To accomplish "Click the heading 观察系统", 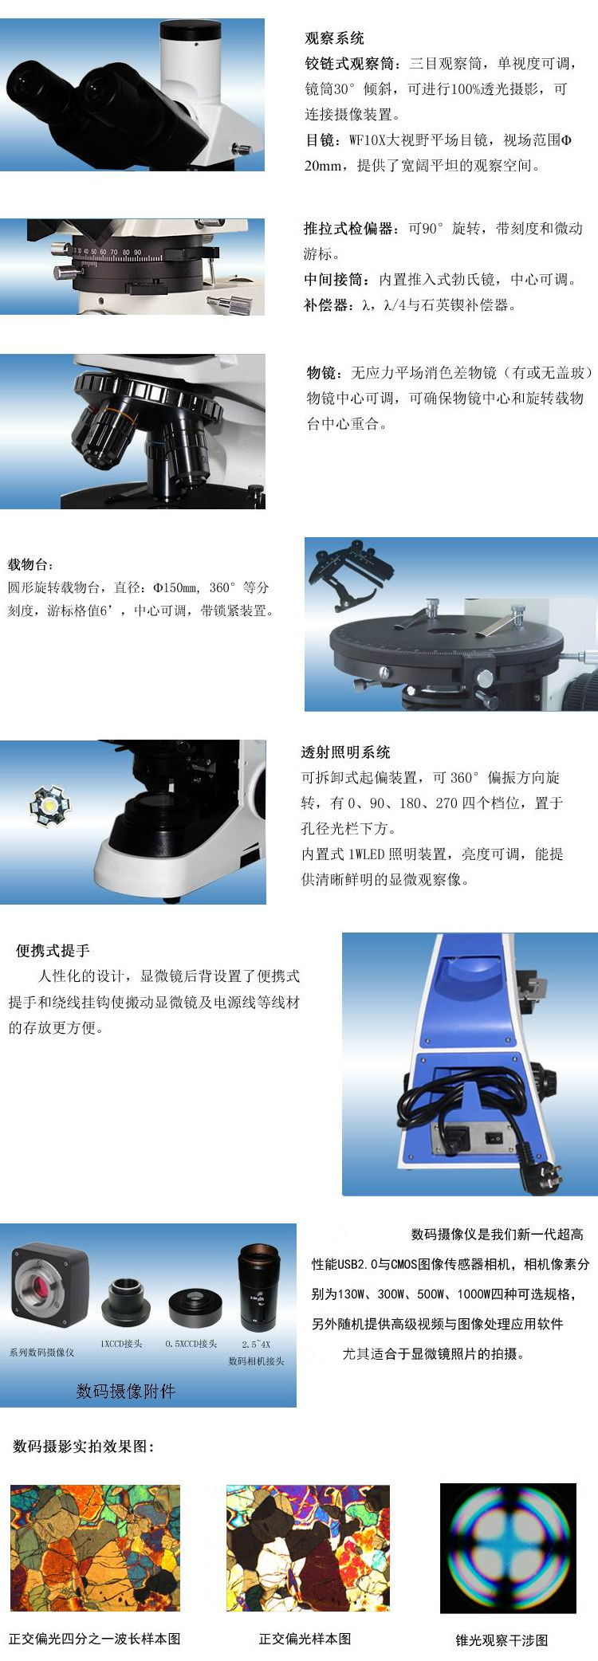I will pos(334,38).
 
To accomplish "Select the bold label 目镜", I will pos(322,140).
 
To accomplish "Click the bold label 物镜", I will pos(325,372).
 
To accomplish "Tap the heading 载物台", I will pos(30,564).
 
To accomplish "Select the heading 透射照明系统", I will pos(345,752).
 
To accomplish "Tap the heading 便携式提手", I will pos(53,950).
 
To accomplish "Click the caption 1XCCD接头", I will pos(121,1344).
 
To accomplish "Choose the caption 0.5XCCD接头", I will pos(191,1344).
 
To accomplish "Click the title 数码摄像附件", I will pos(126,1391).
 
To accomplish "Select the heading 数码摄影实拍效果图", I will pos(84,1447).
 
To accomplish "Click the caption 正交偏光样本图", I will pos(305,1639).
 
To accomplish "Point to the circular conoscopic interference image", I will pos(507,1548).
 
